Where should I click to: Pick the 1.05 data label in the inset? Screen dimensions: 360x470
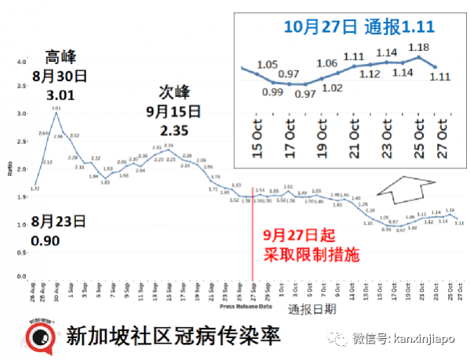coord(268,64)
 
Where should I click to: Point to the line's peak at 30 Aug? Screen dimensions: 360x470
coord(56,113)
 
